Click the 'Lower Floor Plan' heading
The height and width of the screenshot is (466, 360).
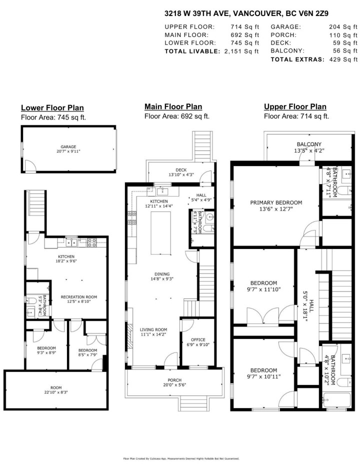pyautogui.click(x=52, y=108)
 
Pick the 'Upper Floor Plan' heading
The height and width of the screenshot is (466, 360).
pyautogui.click(x=295, y=106)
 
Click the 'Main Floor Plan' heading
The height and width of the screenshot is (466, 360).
pyautogui.click(x=173, y=106)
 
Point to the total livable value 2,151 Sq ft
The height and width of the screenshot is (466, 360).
pyautogui.click(x=242, y=51)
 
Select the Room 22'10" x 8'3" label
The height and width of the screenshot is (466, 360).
pyautogui.click(x=55, y=389)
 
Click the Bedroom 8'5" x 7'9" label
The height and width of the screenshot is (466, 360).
pyautogui.click(x=88, y=353)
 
